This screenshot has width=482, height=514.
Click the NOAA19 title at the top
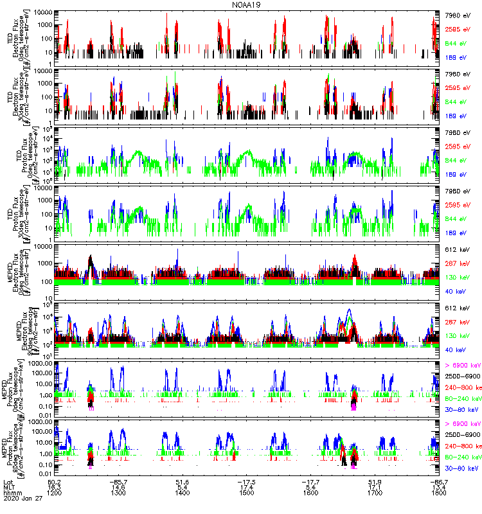tap(247, 4)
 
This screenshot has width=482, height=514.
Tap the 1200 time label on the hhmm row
tap(57, 495)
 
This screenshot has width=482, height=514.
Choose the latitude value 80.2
tap(56, 481)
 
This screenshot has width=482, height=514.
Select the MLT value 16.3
tap(56, 488)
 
